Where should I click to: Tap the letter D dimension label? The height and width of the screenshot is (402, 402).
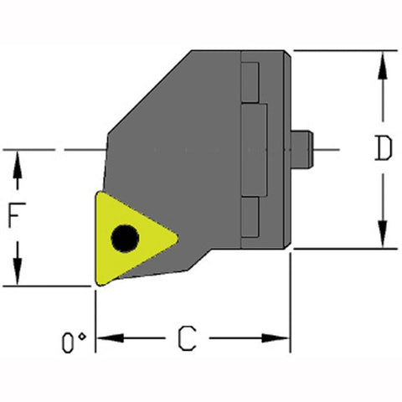click(383, 149)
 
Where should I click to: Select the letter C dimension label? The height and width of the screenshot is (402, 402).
click(190, 340)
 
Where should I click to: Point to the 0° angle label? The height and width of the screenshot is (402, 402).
click(75, 342)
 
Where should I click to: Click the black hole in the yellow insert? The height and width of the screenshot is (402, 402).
click(126, 239)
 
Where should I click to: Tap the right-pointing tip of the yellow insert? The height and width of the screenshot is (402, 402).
click(177, 240)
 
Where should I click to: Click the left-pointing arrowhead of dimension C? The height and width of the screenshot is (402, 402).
click(106, 338)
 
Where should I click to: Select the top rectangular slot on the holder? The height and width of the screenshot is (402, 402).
click(248, 80)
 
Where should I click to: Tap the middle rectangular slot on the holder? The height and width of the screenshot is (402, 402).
click(255, 150)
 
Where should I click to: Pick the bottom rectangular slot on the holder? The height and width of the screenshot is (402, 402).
click(248, 219)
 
